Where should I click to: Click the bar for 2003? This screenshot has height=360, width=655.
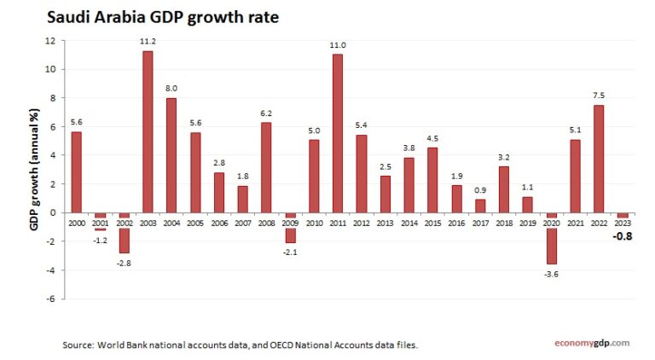148,131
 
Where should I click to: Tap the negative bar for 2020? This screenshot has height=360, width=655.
551,238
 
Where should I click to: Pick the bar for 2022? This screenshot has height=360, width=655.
599,158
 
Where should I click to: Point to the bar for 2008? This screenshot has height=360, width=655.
266,167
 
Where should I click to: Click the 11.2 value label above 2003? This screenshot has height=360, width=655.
148,41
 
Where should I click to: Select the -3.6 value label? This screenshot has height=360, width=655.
551,273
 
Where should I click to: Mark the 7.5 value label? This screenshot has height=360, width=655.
599,95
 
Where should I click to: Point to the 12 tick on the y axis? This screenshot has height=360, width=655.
50,40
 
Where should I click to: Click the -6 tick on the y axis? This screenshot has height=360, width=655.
51,299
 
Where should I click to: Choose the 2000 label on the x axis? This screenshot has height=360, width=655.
77,221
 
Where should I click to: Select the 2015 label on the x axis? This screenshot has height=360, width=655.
432,221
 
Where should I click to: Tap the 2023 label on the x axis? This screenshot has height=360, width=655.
623,221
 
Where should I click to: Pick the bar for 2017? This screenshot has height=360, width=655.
480,206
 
